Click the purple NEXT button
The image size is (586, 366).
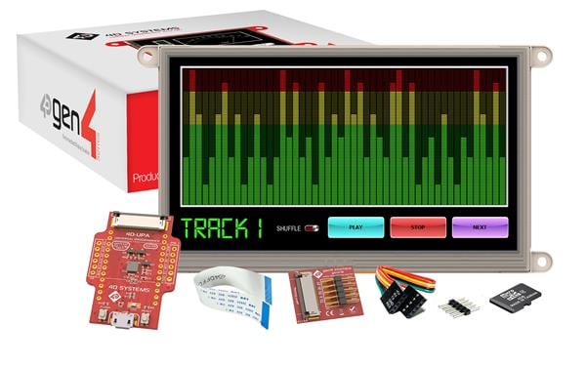point(480,227)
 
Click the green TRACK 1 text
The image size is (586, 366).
point(222,228)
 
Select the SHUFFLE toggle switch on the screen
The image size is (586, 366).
point(312,228)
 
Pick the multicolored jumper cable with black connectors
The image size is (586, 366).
point(402,286)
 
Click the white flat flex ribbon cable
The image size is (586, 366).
point(231,296)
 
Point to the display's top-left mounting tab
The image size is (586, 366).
point(146,56)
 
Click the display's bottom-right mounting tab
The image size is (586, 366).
point(543,259)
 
